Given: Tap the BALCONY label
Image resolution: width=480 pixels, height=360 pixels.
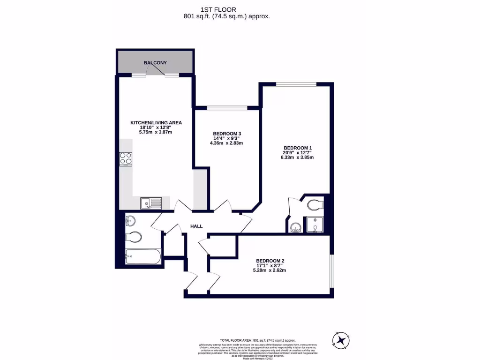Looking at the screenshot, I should (x=155, y=62).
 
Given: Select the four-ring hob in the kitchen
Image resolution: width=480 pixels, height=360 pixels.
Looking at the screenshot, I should (x=126, y=158).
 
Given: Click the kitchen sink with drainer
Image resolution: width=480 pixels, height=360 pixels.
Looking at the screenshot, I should (x=150, y=202).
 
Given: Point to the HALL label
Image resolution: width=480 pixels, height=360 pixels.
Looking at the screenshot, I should (x=196, y=226).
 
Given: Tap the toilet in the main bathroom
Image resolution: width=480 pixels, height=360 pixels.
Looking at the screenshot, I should (x=133, y=237).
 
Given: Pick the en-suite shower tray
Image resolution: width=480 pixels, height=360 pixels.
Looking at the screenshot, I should (x=315, y=225).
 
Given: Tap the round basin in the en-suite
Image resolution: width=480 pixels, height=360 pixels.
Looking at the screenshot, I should (x=295, y=227).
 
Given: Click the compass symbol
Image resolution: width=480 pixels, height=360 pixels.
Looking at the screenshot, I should (x=341, y=339).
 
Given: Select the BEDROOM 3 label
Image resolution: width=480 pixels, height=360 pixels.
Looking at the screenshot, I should (x=227, y=133).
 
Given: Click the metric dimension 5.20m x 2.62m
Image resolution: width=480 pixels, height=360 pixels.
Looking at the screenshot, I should (x=270, y=270).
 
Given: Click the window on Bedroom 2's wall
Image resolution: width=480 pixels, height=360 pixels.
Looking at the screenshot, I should (x=332, y=270).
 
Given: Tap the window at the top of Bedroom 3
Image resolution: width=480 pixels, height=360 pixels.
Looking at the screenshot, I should (x=227, y=108).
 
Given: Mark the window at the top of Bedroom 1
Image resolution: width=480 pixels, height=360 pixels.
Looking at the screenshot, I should (x=296, y=84).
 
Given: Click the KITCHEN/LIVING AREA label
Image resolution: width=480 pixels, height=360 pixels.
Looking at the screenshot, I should (x=156, y=123).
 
